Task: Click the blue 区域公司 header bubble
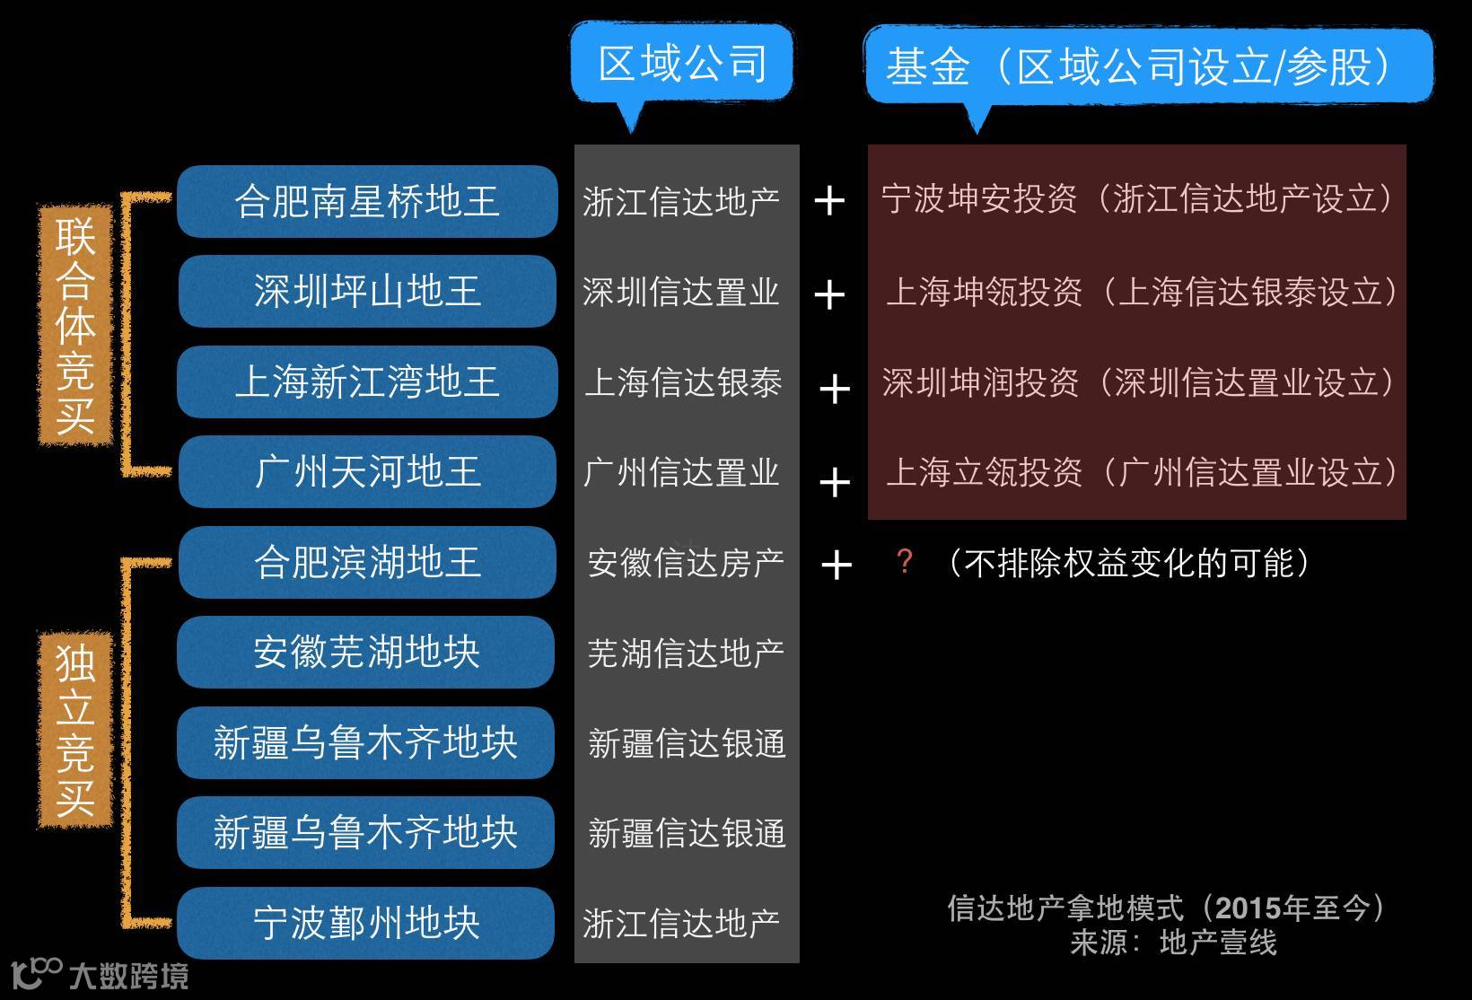[x=682, y=64]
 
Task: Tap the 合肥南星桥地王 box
[x=367, y=201]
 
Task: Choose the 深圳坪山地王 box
[x=367, y=291]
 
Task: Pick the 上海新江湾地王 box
[x=367, y=382]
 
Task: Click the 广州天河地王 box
[x=367, y=471]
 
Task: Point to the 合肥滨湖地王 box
[x=367, y=562]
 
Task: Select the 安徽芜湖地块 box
[x=366, y=652]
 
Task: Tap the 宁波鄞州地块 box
[x=366, y=923]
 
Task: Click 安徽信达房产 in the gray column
[x=686, y=563]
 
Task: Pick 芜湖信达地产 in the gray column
[x=686, y=653]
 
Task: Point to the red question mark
[x=905, y=562]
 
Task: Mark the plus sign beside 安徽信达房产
[x=836, y=565]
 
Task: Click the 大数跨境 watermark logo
[x=99, y=975]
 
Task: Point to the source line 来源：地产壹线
[x=1172, y=943]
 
